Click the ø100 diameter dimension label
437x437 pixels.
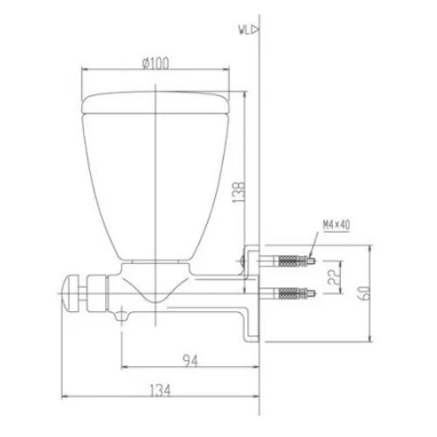[x=156, y=62]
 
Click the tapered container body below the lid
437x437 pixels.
[x=156, y=184]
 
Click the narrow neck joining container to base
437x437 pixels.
[x=155, y=265]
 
